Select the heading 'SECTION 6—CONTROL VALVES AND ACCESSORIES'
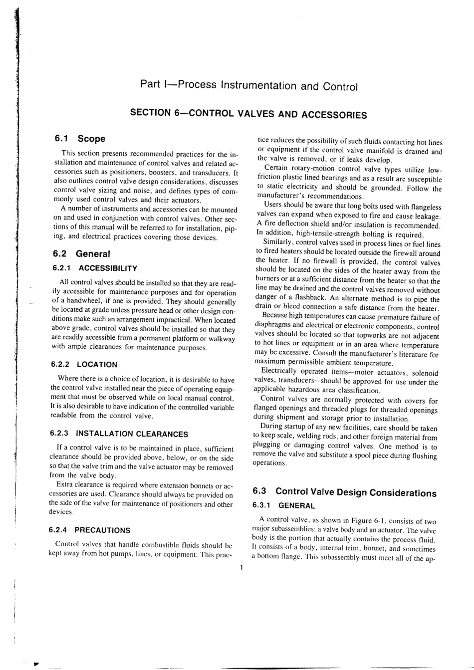pos(248,113)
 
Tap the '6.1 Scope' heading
pos(80,139)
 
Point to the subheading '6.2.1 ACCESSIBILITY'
pos(94,268)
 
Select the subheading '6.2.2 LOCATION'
pos(84,365)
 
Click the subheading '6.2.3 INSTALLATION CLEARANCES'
pos(119,434)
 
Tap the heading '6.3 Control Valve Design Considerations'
pos(344,492)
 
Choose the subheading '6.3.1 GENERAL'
pos(284,506)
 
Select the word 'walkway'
pos(222,339)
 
